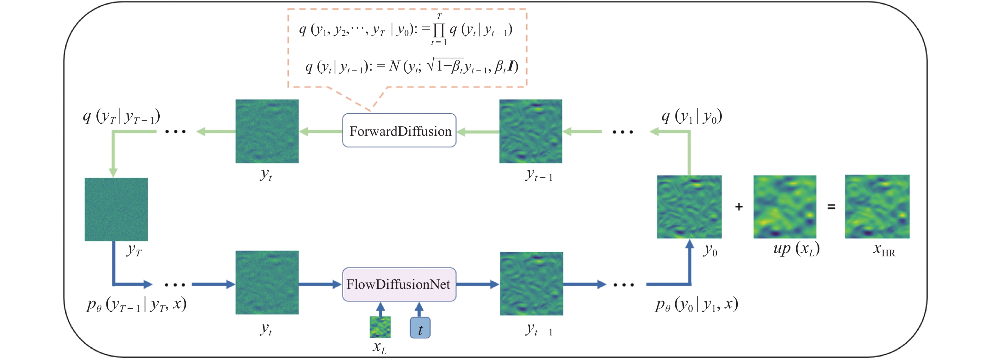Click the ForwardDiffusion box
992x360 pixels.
(399, 130)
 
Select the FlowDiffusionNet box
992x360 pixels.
(399, 284)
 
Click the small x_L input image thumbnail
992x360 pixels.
(380, 327)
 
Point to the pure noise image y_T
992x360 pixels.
(116, 209)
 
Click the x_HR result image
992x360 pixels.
(877, 207)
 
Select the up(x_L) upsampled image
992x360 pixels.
(784, 207)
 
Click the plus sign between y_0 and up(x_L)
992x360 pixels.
(738, 207)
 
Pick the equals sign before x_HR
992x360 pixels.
(831, 207)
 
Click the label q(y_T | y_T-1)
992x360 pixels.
(121, 116)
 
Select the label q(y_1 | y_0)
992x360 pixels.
(691, 116)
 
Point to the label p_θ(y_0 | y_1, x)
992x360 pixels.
(696, 305)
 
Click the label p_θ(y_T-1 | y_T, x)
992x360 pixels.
(136, 305)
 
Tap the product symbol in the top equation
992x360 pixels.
(439, 29)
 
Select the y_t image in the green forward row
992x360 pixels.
(267, 131)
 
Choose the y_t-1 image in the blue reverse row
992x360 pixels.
(531, 283)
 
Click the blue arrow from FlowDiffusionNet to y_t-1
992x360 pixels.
(477, 284)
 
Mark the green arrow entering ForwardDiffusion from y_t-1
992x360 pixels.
(477, 132)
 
